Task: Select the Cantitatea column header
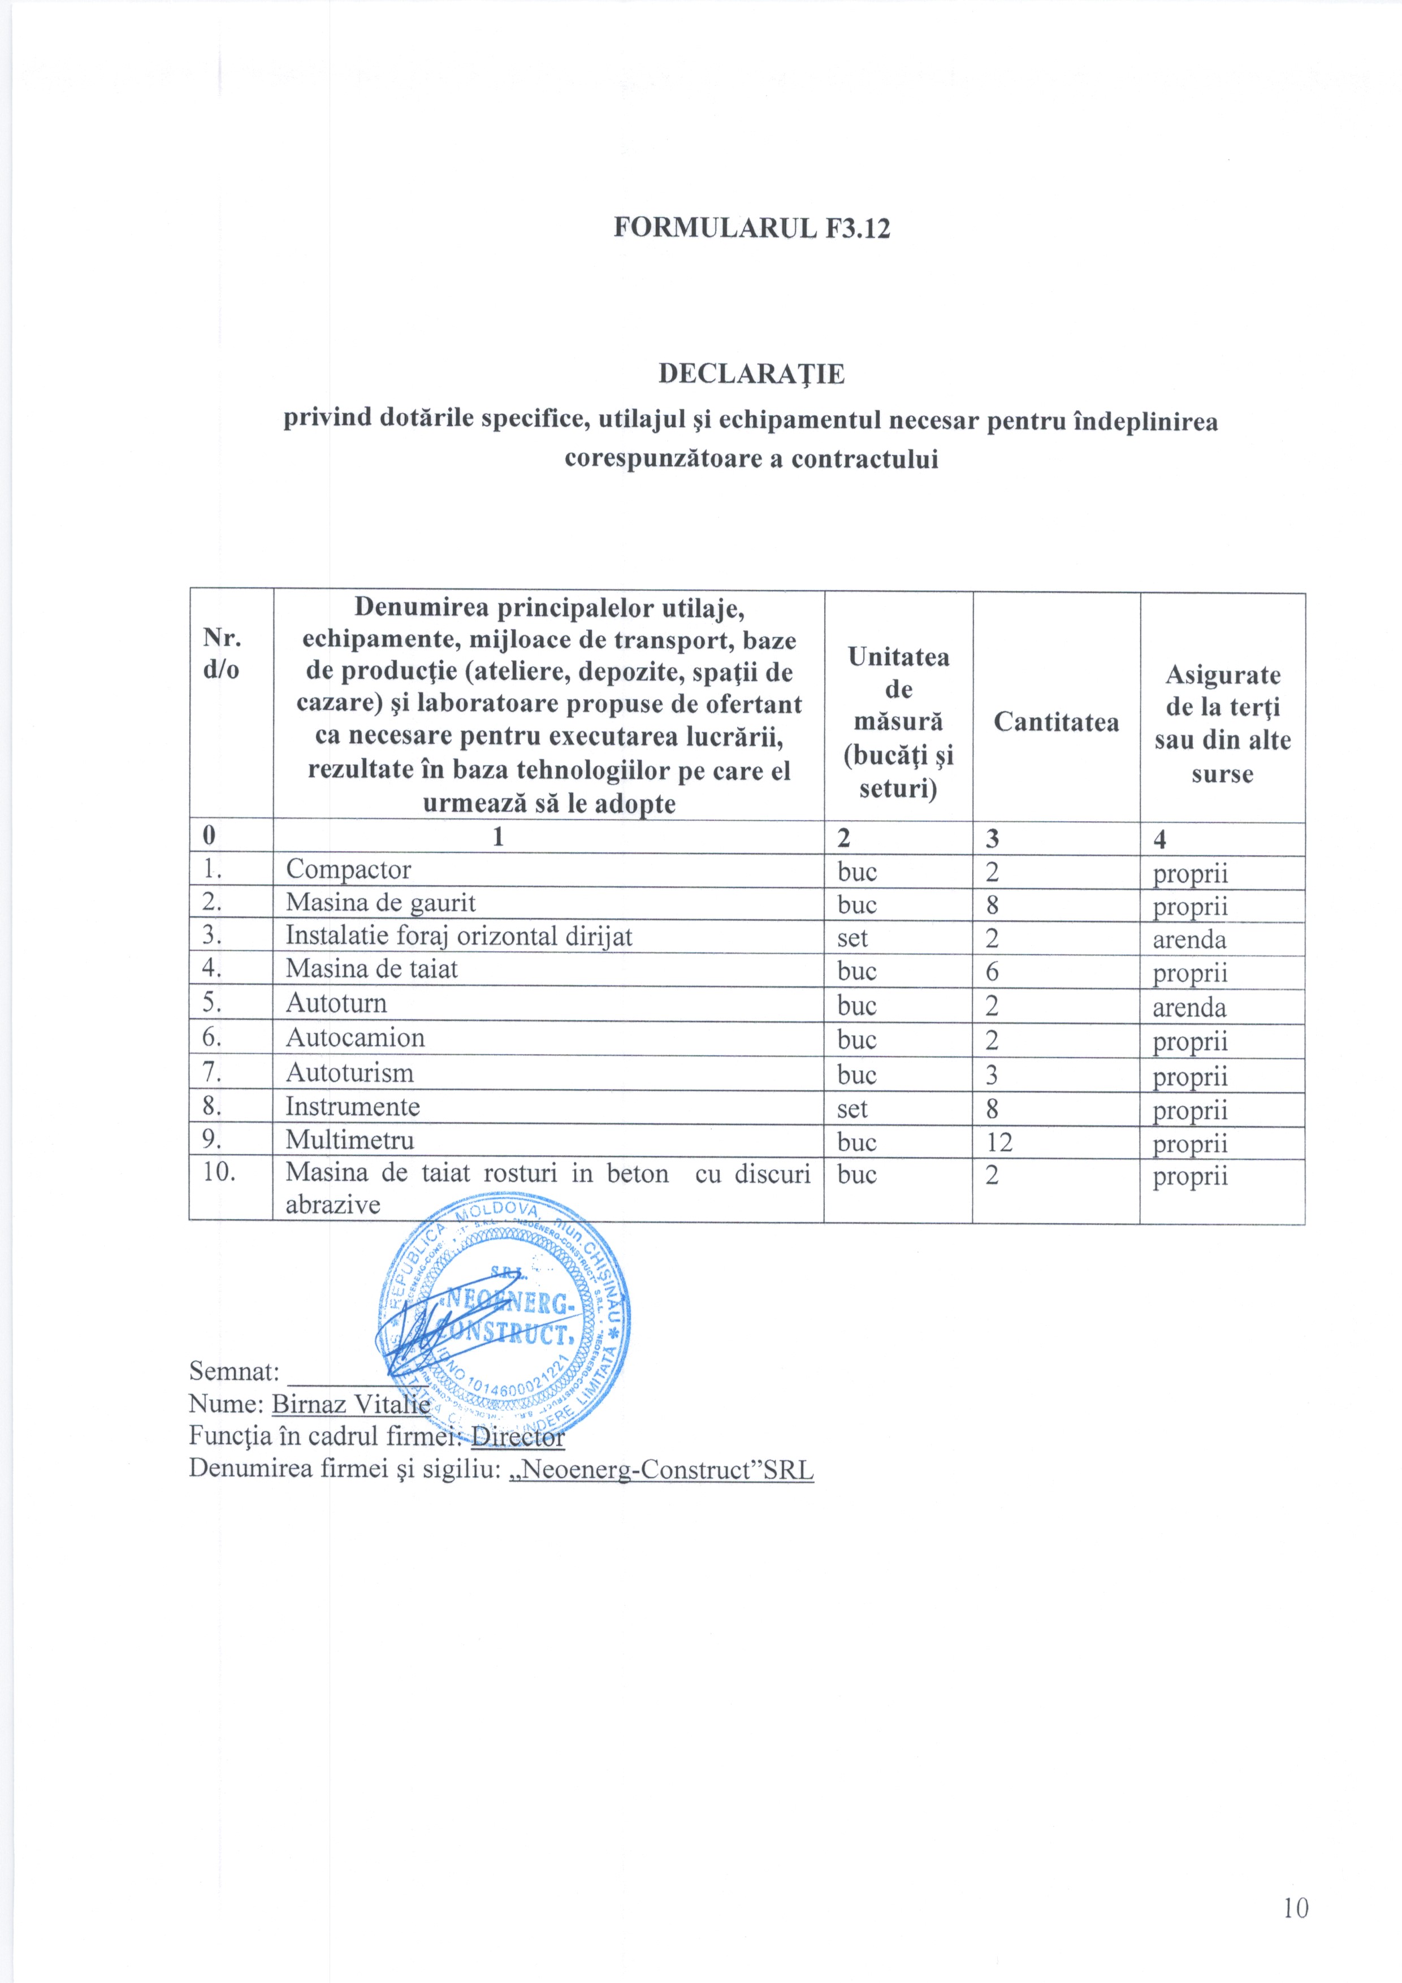point(1055,721)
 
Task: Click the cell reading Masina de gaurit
point(381,903)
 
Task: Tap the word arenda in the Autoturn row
point(1189,1007)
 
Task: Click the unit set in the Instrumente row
point(852,1108)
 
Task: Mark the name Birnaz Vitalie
point(350,1404)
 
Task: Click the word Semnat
point(233,1371)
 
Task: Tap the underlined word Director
point(517,1436)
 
